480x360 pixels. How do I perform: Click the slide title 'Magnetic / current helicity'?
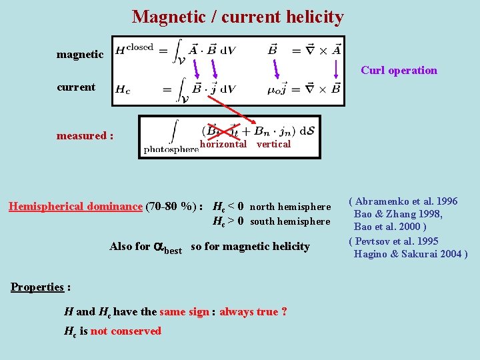(x=238, y=17)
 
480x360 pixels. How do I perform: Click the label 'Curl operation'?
(x=399, y=70)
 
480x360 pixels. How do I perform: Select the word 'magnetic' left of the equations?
(x=80, y=55)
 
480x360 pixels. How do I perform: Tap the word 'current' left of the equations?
(x=76, y=87)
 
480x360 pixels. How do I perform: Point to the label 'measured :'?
(x=85, y=136)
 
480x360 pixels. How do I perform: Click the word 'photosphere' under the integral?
(x=171, y=149)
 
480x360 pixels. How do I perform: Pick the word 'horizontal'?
(x=223, y=144)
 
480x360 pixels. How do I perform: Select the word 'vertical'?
(x=273, y=144)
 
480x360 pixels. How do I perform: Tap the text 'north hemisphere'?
(x=290, y=207)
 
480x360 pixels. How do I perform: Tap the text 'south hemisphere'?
(x=290, y=221)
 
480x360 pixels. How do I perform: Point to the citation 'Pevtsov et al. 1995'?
(x=396, y=241)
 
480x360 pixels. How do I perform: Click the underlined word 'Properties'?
(x=37, y=287)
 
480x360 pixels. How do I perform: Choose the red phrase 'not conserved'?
(x=126, y=331)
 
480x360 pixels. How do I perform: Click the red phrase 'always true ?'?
(x=253, y=311)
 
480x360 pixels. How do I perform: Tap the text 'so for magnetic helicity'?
(x=250, y=247)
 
